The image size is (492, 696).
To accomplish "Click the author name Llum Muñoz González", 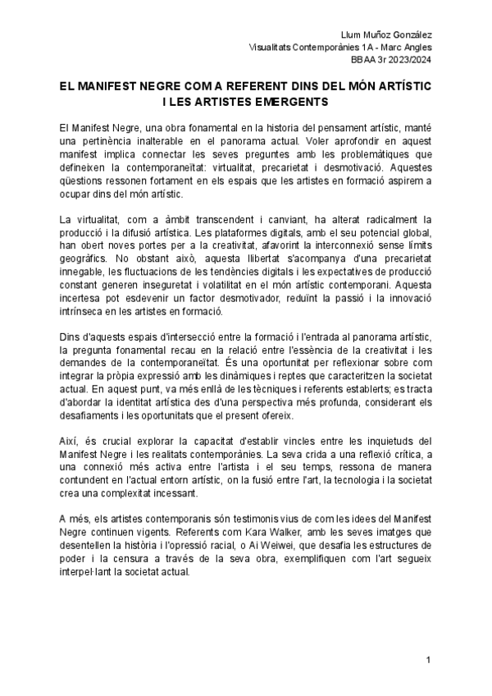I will (386, 34).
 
